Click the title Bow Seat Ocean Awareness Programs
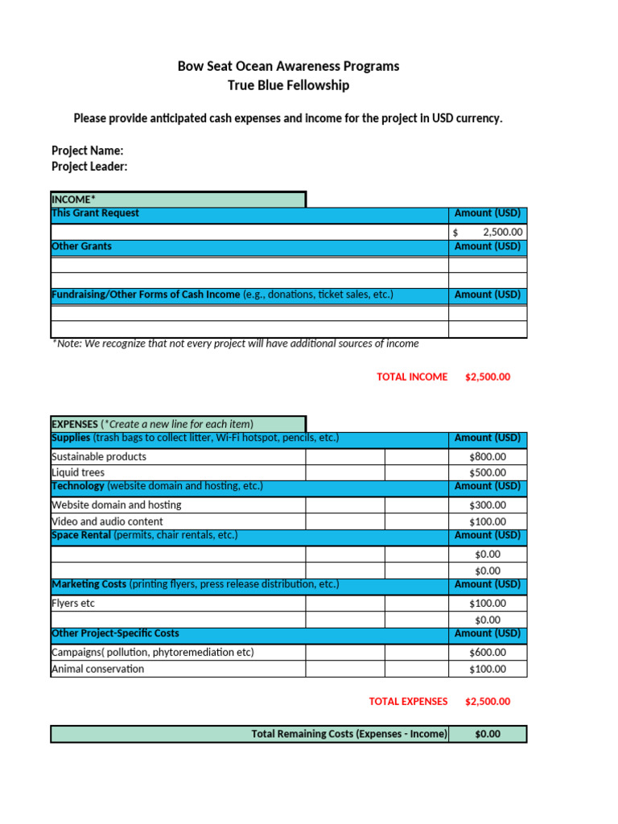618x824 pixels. click(288, 66)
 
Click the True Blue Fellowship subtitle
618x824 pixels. click(288, 85)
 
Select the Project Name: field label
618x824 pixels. click(87, 150)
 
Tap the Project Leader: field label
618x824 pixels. click(89, 167)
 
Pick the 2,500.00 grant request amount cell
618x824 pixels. click(488, 232)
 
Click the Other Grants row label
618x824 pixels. click(81, 246)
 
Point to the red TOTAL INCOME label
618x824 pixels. click(412, 377)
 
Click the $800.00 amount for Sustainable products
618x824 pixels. click(488, 456)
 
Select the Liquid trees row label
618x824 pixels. click(78, 472)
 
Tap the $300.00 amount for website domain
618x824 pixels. click(488, 505)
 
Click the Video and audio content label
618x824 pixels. click(107, 521)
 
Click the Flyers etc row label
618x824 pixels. click(78, 603)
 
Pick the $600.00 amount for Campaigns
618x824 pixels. click(488, 653)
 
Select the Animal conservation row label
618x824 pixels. click(98, 669)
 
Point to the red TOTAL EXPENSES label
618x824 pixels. click(408, 702)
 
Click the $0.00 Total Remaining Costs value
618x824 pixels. click(488, 734)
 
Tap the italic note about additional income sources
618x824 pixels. click(235, 344)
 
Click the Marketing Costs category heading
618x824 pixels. click(89, 584)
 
